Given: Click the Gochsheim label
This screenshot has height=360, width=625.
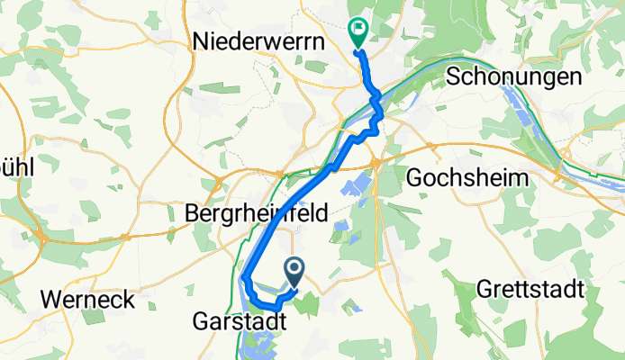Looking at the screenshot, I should coord(467,177).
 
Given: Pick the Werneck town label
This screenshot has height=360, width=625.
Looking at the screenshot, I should coord(87,298).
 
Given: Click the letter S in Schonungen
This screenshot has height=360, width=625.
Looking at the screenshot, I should coord(451,77).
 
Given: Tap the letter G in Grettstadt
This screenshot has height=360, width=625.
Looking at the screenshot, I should coord(481,291).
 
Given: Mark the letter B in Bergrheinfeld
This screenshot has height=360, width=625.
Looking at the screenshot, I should coord(191,214).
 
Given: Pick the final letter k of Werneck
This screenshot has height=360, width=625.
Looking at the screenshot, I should coord(129,298).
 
